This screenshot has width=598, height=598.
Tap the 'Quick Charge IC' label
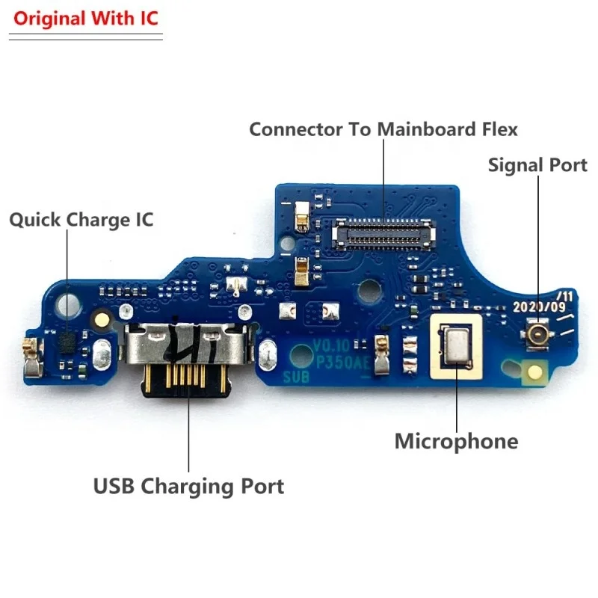pos(81,220)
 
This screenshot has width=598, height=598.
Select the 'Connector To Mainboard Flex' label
pos(383,129)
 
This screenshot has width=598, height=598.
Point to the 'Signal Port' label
pos(537,164)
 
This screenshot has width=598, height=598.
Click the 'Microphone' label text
pos(456,441)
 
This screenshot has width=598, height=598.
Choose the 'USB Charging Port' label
pos(188,487)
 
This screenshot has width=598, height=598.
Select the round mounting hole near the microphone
pos(369,287)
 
